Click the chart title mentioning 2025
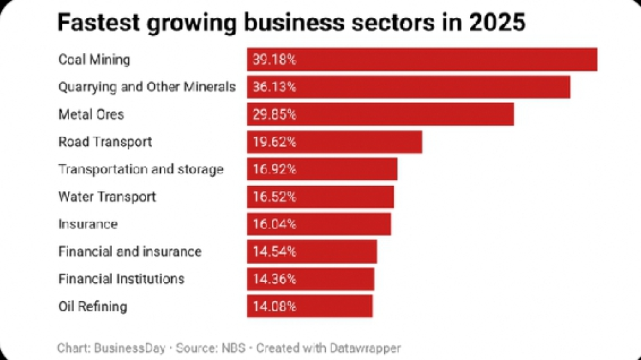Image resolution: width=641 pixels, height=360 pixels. click(292, 22)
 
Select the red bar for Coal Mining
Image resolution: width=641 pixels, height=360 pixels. click(422, 60)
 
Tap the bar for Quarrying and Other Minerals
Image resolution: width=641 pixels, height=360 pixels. click(408, 86)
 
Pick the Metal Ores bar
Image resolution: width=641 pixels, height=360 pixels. click(380, 115)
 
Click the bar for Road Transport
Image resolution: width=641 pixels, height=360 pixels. click(334, 142)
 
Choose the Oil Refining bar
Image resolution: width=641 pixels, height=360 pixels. click(310, 306)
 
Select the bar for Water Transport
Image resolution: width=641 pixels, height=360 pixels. click(320, 197)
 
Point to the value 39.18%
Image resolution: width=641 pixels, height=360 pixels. click(273, 60)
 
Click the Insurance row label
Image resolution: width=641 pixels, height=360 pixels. click(88, 224)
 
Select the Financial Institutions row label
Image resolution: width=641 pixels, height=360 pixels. click(121, 279)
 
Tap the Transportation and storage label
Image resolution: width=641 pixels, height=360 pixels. click(140, 170)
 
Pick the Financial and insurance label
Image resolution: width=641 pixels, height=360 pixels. click(129, 252)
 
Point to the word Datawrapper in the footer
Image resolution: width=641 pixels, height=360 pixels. click(365, 348)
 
